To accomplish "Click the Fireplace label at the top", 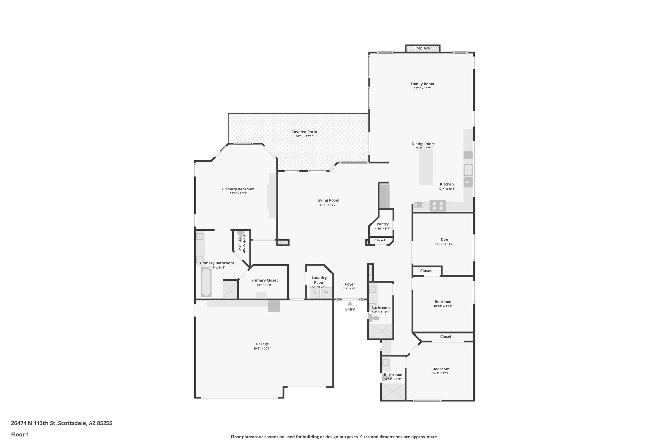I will [x=421, y=48].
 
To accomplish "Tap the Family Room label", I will [x=422, y=84].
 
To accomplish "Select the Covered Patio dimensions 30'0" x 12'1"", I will [x=304, y=136].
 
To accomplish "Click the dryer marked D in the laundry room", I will [x=315, y=292].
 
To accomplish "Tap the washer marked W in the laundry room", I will [x=326, y=292].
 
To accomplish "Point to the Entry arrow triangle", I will [x=350, y=303].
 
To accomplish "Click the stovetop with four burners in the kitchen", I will [x=437, y=206].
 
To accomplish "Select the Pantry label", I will [x=383, y=224].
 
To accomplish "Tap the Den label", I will [x=444, y=240].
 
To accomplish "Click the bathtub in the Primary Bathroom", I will [x=206, y=282].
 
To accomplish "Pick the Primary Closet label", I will [x=264, y=280].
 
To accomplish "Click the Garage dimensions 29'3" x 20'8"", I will [x=262, y=349].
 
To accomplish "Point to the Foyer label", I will [x=350, y=284].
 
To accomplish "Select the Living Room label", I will [x=328, y=200].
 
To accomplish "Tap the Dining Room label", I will [x=423, y=144].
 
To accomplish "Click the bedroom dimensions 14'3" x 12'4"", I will [x=441, y=373].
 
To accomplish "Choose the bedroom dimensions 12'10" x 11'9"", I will [x=443, y=306].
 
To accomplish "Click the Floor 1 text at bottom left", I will [x=20, y=435].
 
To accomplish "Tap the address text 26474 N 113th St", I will [x=61, y=423].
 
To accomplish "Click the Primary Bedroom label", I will [x=238, y=189].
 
